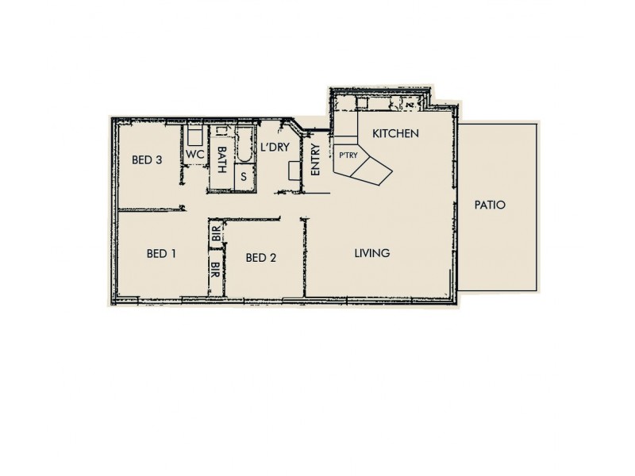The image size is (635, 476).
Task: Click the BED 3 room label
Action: [147, 159]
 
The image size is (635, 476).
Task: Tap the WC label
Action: [195, 154]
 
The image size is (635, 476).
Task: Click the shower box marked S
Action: [243, 177]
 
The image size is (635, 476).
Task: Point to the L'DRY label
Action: [273, 148]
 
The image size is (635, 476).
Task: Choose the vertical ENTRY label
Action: [315, 159]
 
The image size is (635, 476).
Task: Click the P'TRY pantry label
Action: [347, 155]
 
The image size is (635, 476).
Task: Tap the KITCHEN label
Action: [395, 133]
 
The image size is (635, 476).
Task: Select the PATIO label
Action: [490, 205]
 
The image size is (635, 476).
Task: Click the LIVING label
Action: [371, 254]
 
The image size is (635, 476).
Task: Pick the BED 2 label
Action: [260, 257]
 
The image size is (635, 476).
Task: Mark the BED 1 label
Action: [161, 255]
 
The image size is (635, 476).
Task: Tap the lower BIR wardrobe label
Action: [216, 268]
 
